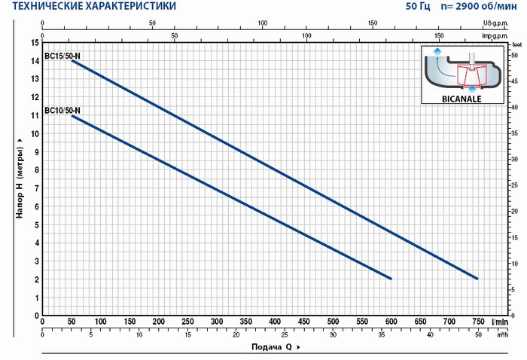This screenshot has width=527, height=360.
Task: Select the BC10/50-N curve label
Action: coord(62,111)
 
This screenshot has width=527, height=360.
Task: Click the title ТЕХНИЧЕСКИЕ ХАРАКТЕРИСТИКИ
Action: coord(90,7)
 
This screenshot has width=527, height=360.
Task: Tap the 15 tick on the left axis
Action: coord(35,42)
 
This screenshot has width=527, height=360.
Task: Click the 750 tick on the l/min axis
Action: coord(477,322)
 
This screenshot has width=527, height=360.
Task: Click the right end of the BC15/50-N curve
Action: coord(477,279)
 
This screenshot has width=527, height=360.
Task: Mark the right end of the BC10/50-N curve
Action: coord(391,279)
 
